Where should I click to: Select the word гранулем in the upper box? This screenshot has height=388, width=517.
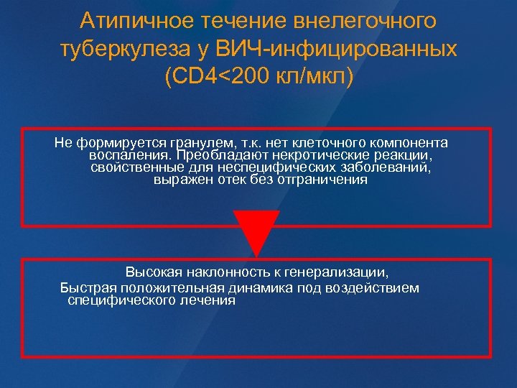coord(191,143)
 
